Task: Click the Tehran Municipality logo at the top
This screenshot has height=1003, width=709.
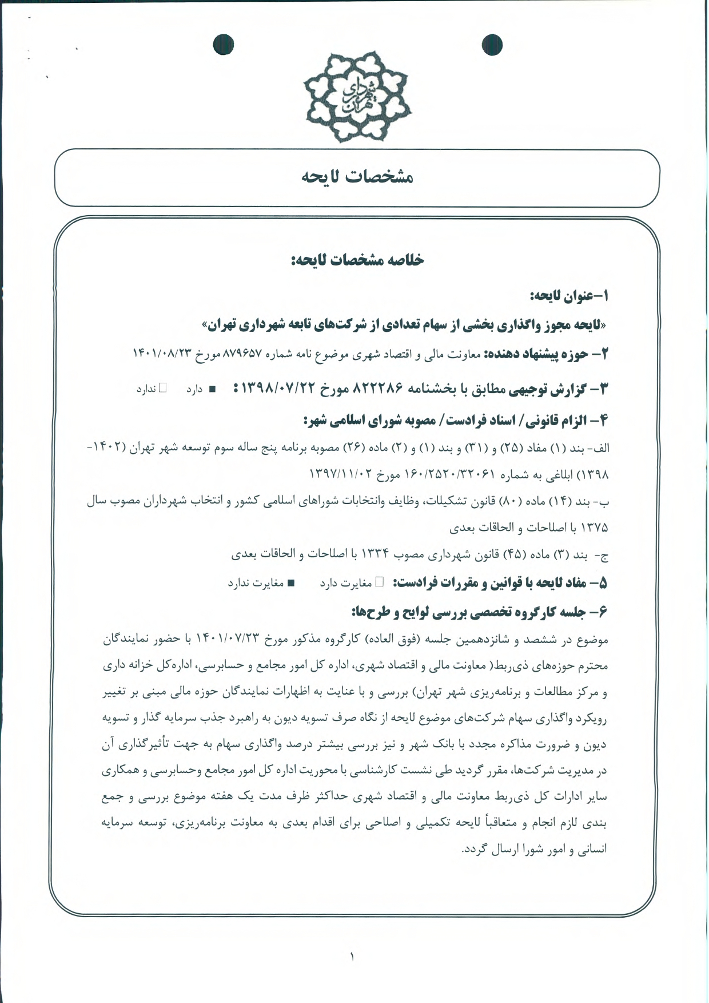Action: click(x=357, y=96)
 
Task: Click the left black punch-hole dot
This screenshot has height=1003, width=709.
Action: click(x=223, y=45)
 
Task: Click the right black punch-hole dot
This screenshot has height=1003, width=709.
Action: click(x=492, y=45)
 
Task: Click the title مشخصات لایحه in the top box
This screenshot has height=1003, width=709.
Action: click(x=357, y=177)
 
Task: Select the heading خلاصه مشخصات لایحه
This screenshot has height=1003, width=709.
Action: click(x=357, y=260)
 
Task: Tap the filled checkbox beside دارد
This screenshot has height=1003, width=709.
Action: click(x=212, y=390)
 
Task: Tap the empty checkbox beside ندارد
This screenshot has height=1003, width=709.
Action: click(x=162, y=388)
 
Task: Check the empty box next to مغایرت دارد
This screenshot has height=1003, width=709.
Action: click(x=379, y=582)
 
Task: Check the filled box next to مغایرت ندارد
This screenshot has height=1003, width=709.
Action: click(x=290, y=583)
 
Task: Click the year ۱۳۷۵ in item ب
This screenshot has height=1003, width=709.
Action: click(x=595, y=528)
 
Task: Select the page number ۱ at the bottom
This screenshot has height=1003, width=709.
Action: click(x=352, y=956)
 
